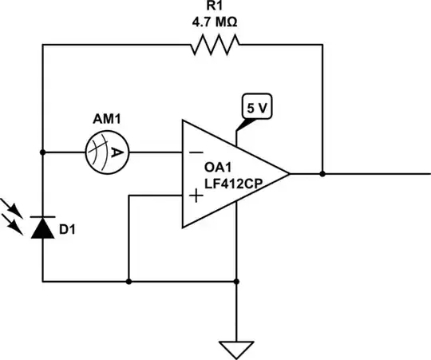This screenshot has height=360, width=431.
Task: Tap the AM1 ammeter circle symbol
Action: point(107,151)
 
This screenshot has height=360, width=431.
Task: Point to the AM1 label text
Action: point(107,121)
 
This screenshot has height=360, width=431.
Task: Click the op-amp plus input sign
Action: point(194,196)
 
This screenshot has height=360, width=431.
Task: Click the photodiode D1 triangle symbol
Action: point(43,228)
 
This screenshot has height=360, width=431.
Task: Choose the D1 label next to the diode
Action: point(69,231)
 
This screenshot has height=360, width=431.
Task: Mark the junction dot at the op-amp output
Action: point(322,173)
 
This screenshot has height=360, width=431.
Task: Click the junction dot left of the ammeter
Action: point(43,151)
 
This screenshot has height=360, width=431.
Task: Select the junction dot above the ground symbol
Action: point(237,281)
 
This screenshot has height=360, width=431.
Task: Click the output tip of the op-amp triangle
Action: point(288,173)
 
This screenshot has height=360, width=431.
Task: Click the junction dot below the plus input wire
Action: point(129,281)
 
